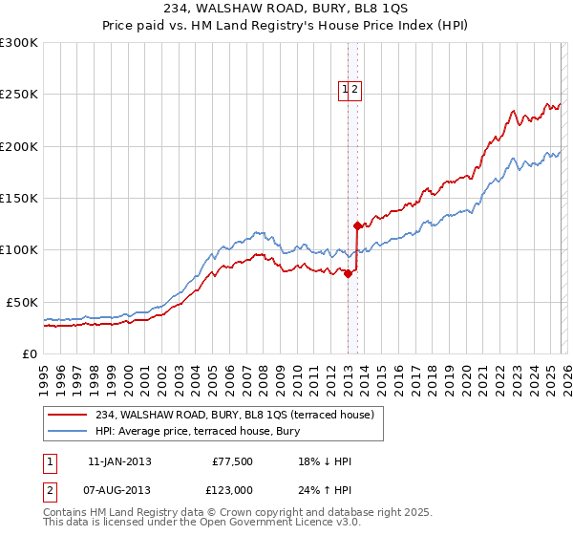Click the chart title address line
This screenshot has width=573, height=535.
pyautogui.click(x=286, y=9)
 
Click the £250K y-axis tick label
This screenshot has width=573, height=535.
pyautogui.click(x=19, y=95)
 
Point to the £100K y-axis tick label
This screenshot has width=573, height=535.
pyautogui.click(x=19, y=249)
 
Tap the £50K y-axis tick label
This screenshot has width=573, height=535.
pyautogui.click(x=23, y=302)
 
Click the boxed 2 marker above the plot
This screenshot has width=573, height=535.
pyautogui.click(x=354, y=90)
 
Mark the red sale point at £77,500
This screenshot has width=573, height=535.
pyautogui.click(x=348, y=273)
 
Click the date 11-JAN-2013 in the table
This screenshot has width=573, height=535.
pyautogui.click(x=119, y=461)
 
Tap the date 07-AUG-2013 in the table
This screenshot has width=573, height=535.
pyautogui.click(x=119, y=490)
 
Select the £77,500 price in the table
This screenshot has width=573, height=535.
pyautogui.click(x=232, y=461)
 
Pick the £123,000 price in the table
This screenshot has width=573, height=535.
pyautogui.click(x=232, y=490)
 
